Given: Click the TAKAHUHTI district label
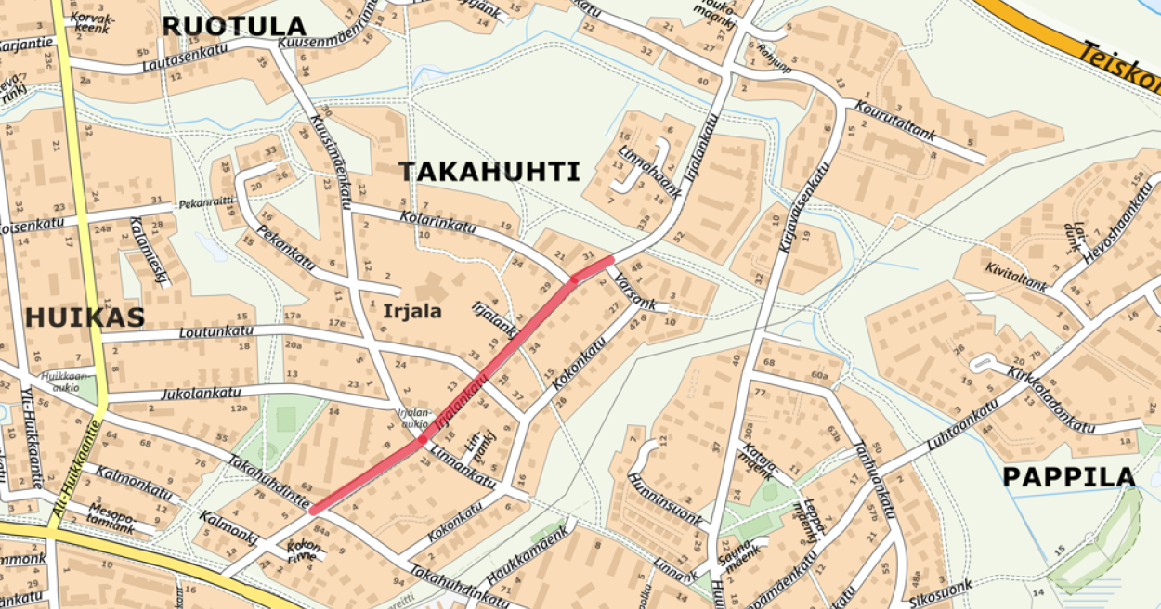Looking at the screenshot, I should (x=489, y=172).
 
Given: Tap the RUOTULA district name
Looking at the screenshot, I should (x=233, y=26).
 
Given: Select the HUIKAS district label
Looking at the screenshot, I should (x=85, y=317).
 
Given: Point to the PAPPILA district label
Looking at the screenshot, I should (x=1068, y=477).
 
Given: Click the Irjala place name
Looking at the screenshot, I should (x=411, y=311).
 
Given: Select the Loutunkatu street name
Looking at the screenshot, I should (x=215, y=331).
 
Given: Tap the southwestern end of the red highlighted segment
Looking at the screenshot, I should (x=315, y=510).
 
